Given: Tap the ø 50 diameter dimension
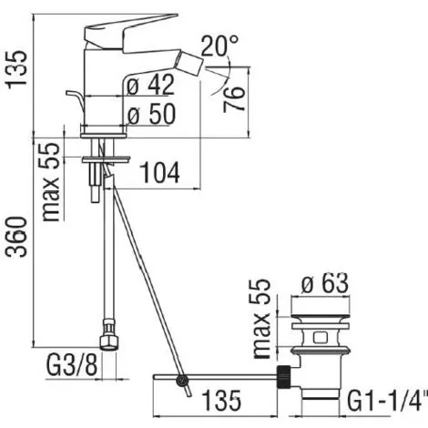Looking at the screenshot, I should [x=150, y=115].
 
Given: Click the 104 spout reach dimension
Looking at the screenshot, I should [x=160, y=170].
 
